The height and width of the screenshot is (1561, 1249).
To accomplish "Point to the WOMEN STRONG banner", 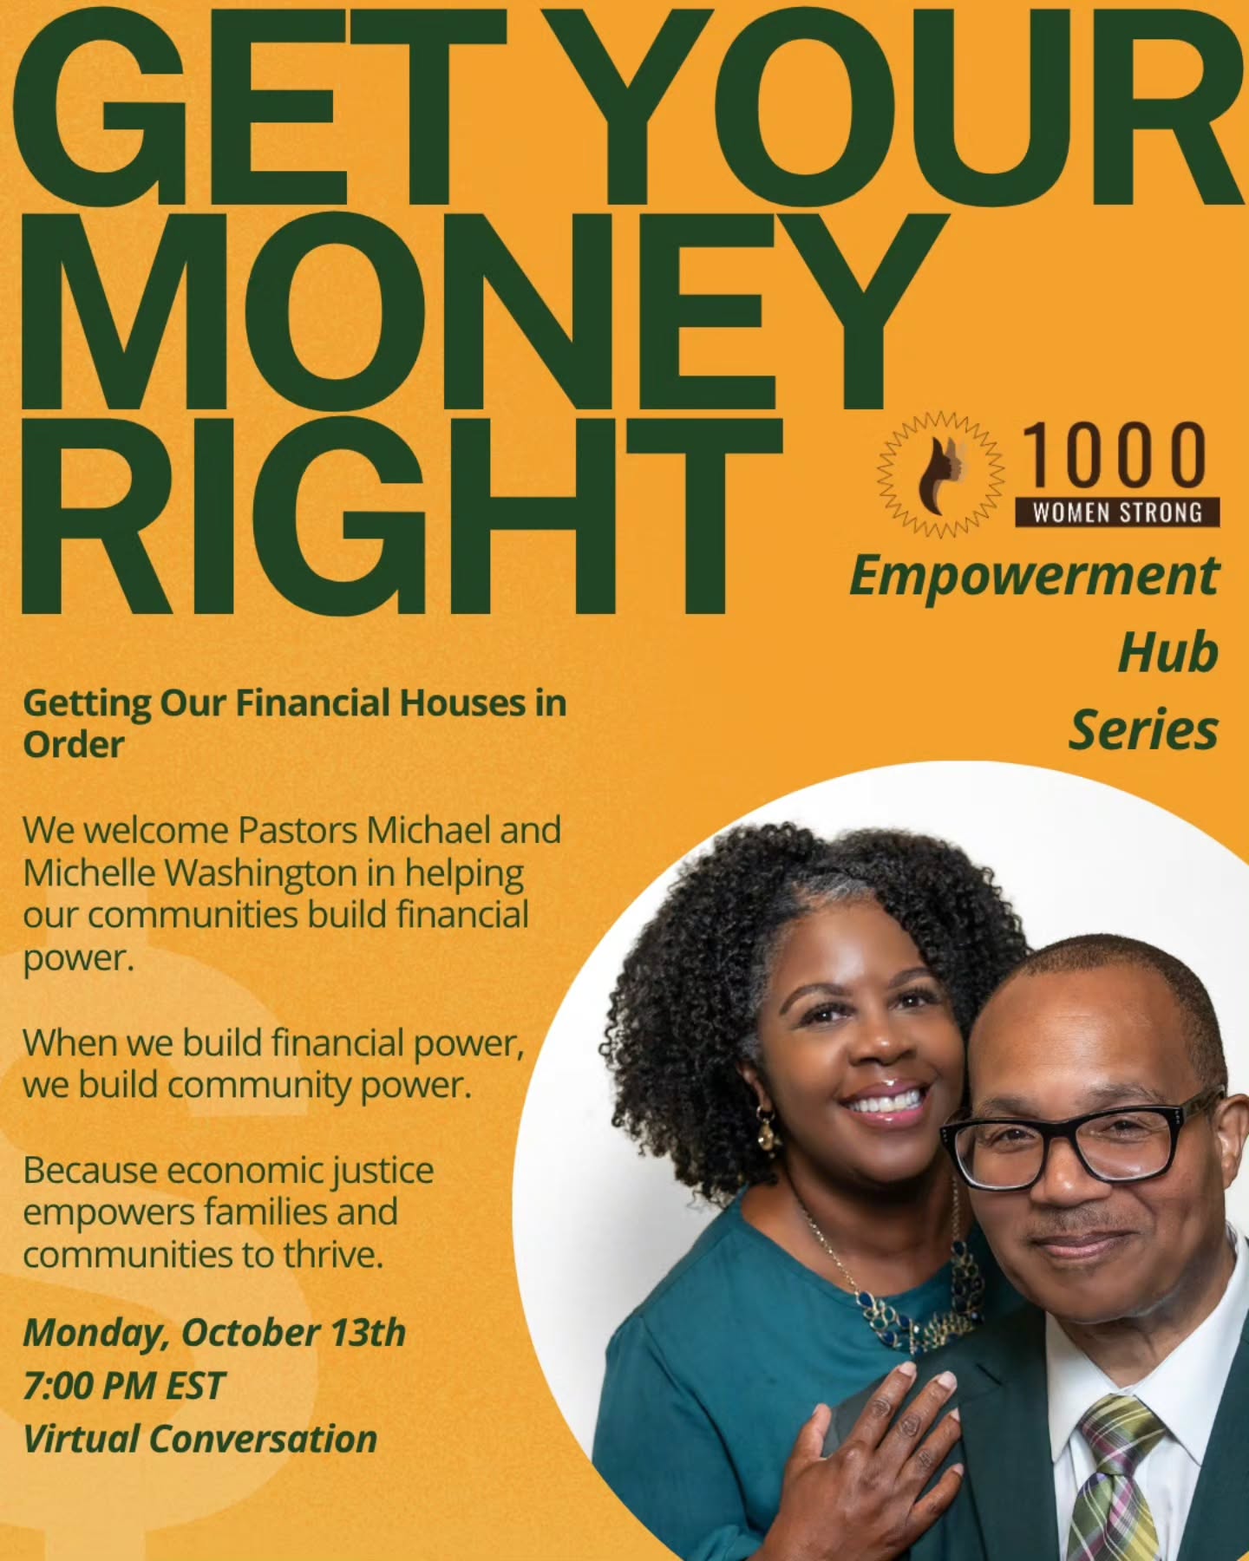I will coord(1117,513).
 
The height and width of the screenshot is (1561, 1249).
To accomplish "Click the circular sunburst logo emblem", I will coord(941,474).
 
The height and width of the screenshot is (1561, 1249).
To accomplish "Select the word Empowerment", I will coord(1034,577).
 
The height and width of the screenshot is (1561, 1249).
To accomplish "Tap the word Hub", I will coord(1167,653).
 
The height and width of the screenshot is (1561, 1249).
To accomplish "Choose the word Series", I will coord(1143,730).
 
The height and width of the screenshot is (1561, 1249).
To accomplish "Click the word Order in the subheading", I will coord(74,745).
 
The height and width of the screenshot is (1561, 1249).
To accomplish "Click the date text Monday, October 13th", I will coord(214,1333).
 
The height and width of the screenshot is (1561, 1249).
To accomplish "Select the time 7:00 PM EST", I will coord(124,1386).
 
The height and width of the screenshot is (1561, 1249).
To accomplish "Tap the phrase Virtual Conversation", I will coord(199,1439).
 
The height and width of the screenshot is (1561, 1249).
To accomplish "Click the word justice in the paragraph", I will coord(384,1172).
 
